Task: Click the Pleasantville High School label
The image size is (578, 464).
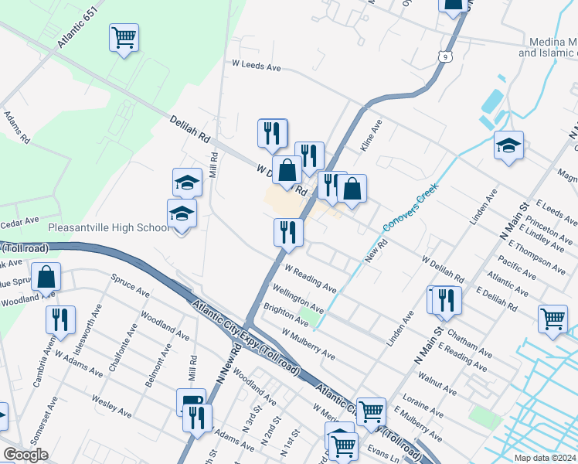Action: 108,228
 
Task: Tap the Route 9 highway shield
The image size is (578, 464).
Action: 443,56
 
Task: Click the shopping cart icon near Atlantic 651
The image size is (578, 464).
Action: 124,37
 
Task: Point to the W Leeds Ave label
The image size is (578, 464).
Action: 257,67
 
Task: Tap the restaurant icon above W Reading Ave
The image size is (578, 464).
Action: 288,232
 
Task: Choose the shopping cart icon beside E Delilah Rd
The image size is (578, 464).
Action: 552,319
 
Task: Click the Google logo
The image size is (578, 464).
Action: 25,455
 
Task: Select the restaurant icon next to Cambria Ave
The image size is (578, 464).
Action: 60,319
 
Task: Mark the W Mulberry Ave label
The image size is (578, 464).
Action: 308,345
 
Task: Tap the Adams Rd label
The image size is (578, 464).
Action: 16,128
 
